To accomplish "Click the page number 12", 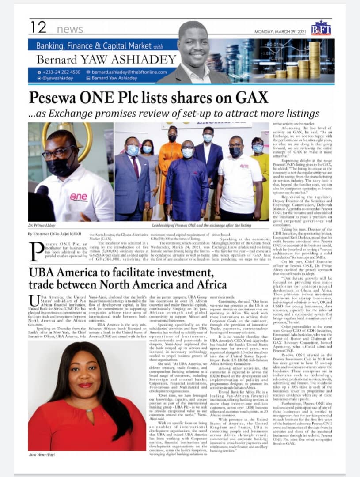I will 38,28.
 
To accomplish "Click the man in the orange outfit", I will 171,159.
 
